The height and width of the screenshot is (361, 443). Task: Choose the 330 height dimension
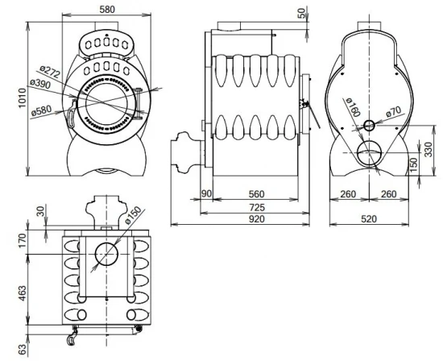click(427, 149)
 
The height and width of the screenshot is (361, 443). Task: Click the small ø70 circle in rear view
click(368, 125)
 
